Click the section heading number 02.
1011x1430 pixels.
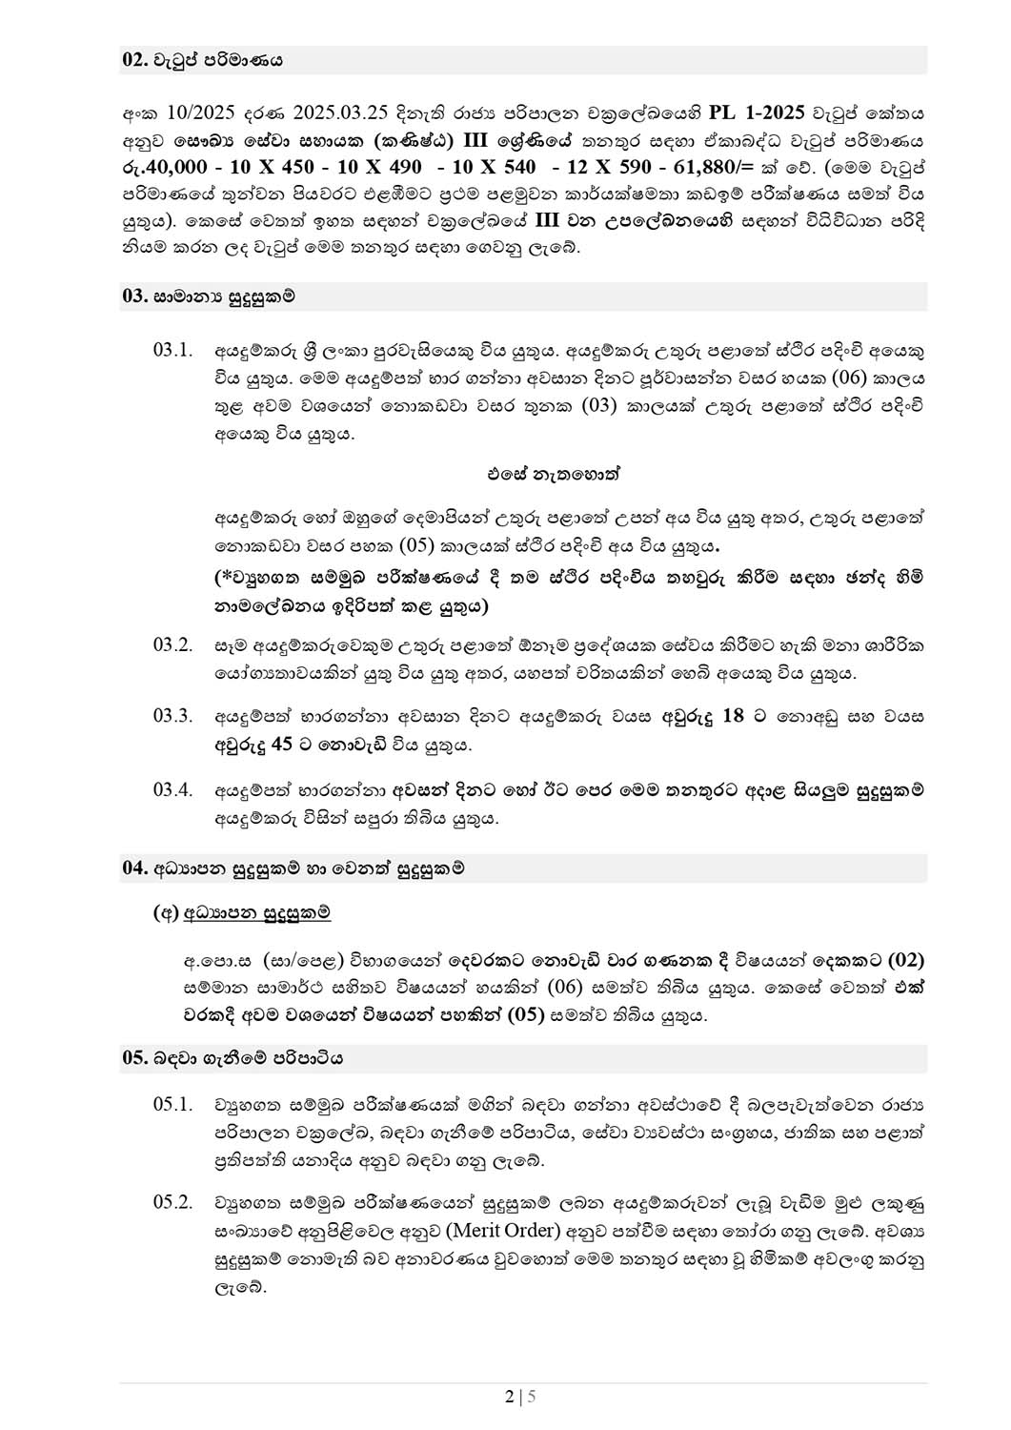coord(133,60)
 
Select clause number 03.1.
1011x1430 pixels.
coord(172,350)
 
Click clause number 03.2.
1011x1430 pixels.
coord(172,645)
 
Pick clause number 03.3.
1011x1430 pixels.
coord(172,716)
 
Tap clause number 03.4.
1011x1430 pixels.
coord(172,790)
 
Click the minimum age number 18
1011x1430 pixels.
coord(733,716)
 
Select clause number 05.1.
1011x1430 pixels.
coord(172,1105)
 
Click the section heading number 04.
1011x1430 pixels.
coord(133,868)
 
